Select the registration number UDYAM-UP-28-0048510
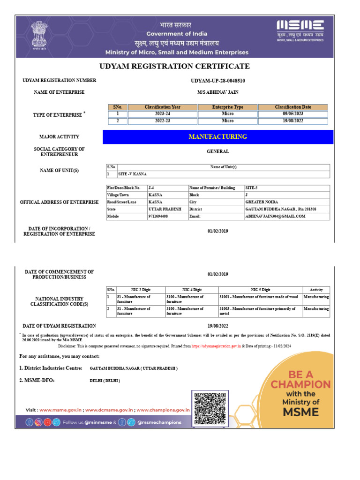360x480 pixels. click(x=218, y=81)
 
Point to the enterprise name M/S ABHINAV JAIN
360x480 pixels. click(x=218, y=92)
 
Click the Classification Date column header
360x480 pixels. click(x=293, y=107)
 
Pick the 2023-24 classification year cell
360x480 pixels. click(x=162, y=114)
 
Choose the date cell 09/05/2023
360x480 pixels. click(x=293, y=114)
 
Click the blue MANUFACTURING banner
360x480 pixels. click(x=218, y=137)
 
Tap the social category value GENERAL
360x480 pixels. click(x=218, y=151)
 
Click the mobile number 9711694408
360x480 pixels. click(x=158, y=216)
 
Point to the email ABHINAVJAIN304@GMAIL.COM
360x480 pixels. click(x=275, y=216)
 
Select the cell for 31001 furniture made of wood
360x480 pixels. click(x=259, y=297)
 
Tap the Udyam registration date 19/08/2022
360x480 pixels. click(x=218, y=326)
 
